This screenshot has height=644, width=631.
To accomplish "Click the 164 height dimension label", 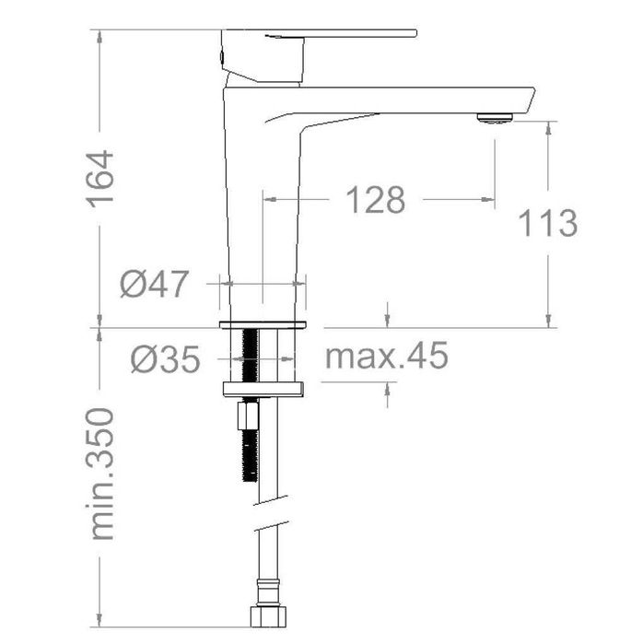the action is coord(100,179).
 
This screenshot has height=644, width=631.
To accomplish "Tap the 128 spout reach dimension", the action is coord(376,200).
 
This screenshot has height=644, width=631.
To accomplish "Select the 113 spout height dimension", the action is coord(548,223).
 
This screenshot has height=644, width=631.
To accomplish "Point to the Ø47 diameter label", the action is coord(155,284).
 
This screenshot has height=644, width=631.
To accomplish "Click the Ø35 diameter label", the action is coord(166,359).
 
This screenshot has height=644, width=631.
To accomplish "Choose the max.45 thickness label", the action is coord(386,356).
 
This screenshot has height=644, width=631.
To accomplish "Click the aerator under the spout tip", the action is coord(495,118).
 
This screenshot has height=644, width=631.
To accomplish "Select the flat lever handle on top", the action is coord(320,33).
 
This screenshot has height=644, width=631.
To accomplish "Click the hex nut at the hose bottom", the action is coord(268,617).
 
